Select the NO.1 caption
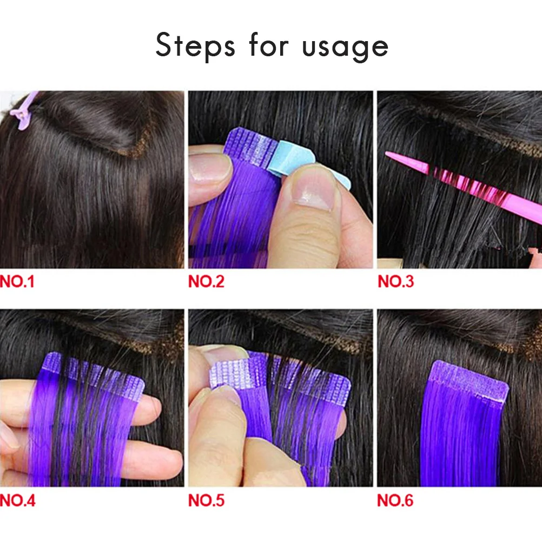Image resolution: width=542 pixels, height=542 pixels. tap(17, 281)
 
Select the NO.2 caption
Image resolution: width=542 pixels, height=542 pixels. tap(206, 281)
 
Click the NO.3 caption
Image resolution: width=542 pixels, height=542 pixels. tap(395, 281)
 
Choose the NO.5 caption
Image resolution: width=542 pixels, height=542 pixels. tap(206, 501)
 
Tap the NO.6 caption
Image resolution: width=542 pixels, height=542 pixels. tap(395, 501)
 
